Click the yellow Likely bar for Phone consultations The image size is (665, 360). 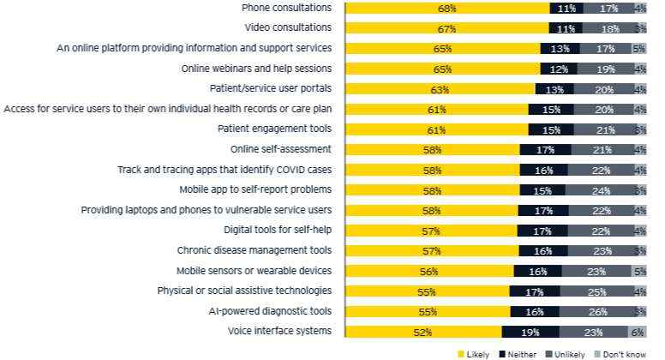(x=446, y=9)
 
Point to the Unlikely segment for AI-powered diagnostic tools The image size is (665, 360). (x=596, y=311)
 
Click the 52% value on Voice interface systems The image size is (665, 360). (x=422, y=332)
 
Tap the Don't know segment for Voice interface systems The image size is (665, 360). (x=638, y=332)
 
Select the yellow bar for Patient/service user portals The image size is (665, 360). (x=440, y=89)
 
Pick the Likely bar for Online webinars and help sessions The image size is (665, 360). (x=442, y=69)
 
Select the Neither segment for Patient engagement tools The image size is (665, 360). (x=551, y=129)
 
